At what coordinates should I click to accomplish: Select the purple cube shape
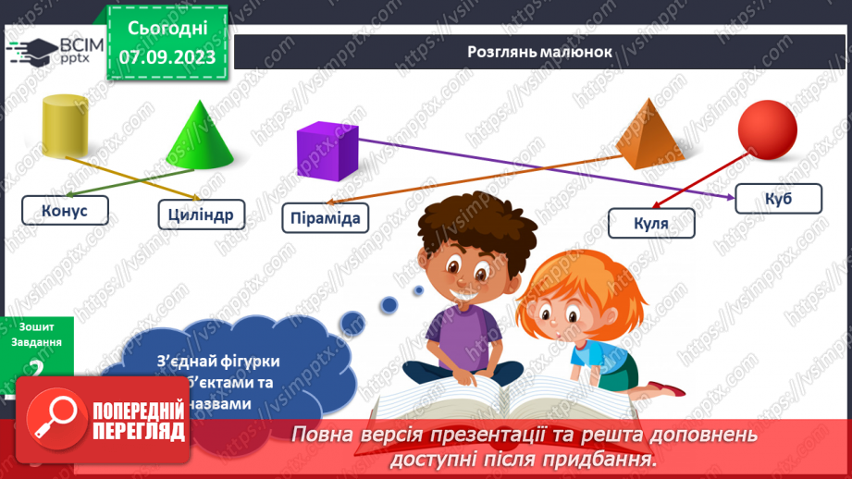(x=327, y=152)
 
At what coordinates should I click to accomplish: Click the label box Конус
(x=65, y=211)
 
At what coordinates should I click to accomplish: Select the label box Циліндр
(x=201, y=215)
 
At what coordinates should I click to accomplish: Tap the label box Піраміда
(x=325, y=218)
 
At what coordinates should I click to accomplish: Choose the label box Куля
(x=651, y=223)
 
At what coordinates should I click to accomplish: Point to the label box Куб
(x=778, y=198)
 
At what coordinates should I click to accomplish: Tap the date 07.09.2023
(x=167, y=57)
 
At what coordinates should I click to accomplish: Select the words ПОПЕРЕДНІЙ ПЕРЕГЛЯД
(x=138, y=421)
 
